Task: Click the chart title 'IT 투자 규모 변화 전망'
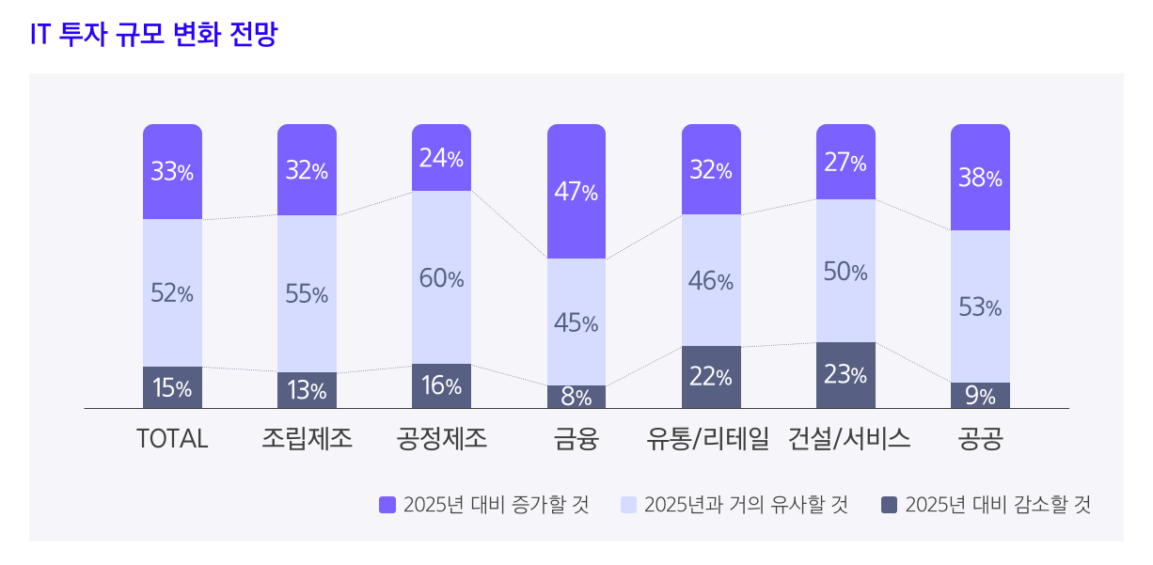pyautogui.click(x=154, y=35)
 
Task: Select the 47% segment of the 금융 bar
pyautogui.click(x=576, y=192)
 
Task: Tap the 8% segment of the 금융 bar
pyautogui.click(x=576, y=397)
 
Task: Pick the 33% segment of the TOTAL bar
pyautogui.click(x=172, y=172)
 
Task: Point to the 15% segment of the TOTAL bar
pyautogui.click(x=172, y=387)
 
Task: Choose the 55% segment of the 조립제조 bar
pyautogui.click(x=307, y=293)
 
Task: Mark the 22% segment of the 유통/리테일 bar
pyautogui.click(x=711, y=377)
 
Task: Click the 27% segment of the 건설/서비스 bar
pyautogui.click(x=845, y=163)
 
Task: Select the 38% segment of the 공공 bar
pyautogui.click(x=980, y=178)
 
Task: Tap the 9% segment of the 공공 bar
pyautogui.click(x=980, y=396)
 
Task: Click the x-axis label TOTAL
pyautogui.click(x=172, y=439)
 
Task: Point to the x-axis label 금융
pyautogui.click(x=576, y=439)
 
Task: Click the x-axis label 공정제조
pyautogui.click(x=442, y=439)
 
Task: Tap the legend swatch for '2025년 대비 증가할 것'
pyautogui.click(x=387, y=505)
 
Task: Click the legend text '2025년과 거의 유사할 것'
pyautogui.click(x=746, y=505)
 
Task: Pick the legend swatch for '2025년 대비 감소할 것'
pyautogui.click(x=890, y=505)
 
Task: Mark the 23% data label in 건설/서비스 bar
pyautogui.click(x=845, y=375)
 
